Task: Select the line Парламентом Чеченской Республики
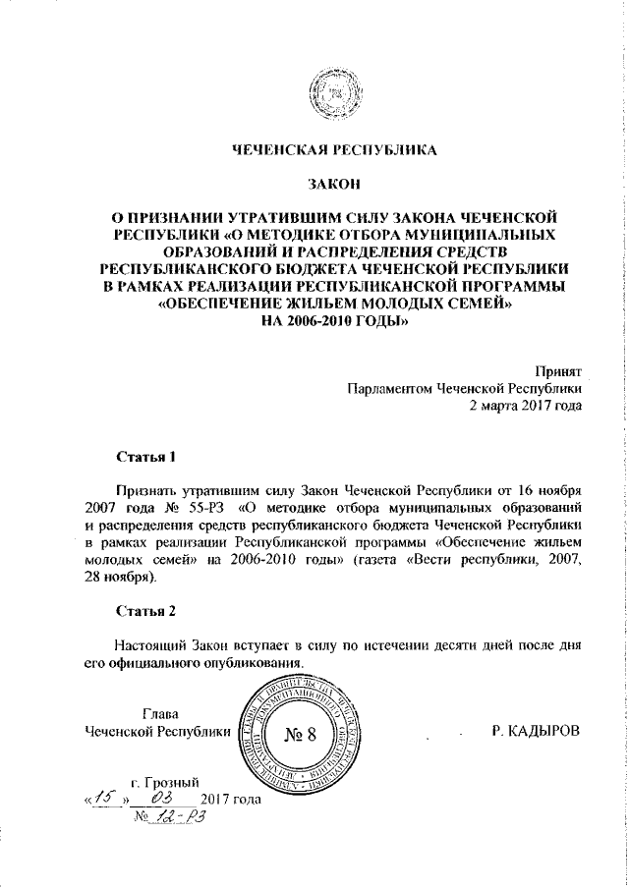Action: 465,389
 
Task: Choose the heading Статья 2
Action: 145,611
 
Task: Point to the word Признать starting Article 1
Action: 143,491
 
